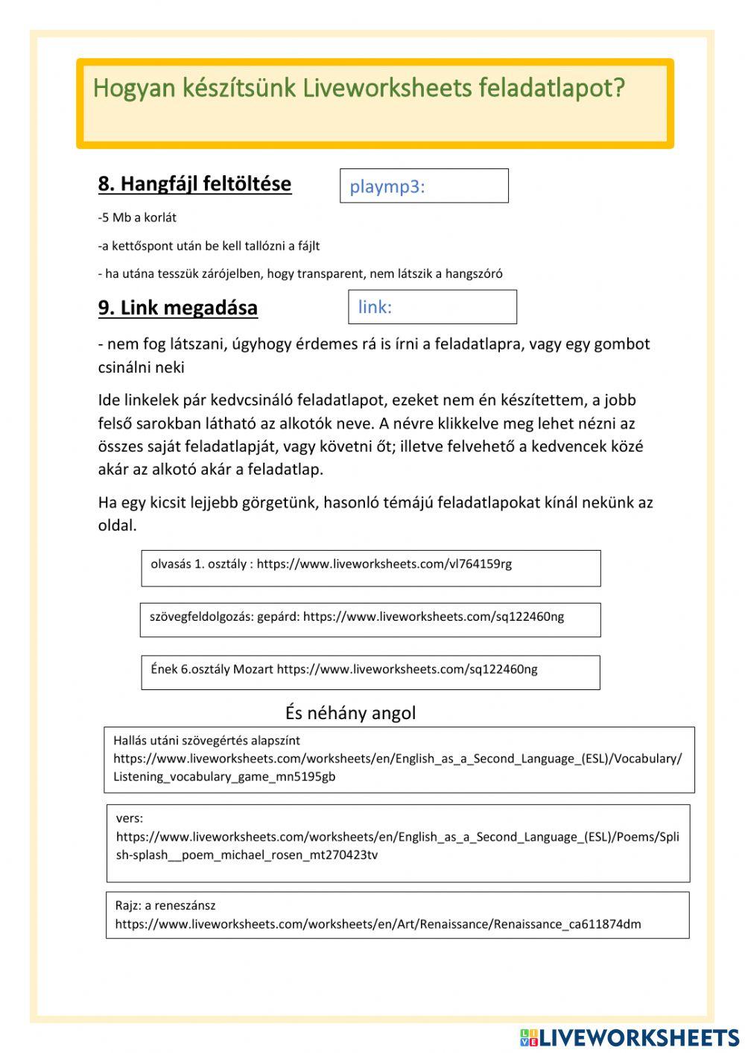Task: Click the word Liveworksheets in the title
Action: pyautogui.click(x=387, y=89)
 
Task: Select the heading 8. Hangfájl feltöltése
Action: pyautogui.click(x=194, y=184)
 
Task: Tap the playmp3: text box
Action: pyautogui.click(x=424, y=186)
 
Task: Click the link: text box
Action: pyautogui.click(x=432, y=307)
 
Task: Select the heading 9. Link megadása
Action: pyautogui.click(x=178, y=308)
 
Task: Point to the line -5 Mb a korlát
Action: pyautogui.click(x=137, y=218)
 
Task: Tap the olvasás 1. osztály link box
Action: pyautogui.click(x=370, y=568)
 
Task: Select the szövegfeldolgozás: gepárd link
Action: pyautogui.click(x=370, y=619)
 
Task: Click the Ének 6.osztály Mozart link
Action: pyautogui.click(x=370, y=672)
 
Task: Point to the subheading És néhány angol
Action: pyautogui.click(x=350, y=713)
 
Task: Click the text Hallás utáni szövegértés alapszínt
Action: pyautogui.click(x=206, y=741)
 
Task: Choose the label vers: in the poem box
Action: pyautogui.click(x=130, y=818)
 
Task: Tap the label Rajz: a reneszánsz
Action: pyautogui.click(x=165, y=905)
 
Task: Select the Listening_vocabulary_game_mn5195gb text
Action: pyautogui.click(x=224, y=777)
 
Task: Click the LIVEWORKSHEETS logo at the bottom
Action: pyautogui.click(x=629, y=1037)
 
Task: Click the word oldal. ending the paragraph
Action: pyautogui.click(x=118, y=525)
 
